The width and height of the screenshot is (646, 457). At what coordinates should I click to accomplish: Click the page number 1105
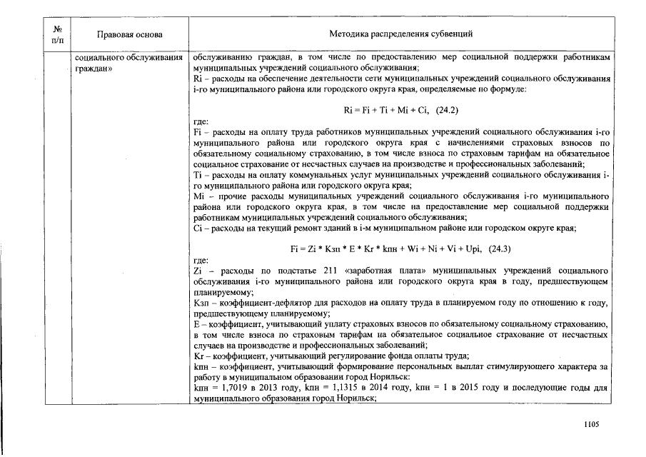[590, 423]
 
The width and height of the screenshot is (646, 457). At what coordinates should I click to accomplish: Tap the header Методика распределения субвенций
[400, 34]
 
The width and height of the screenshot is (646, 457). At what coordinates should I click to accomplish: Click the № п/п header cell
[58, 34]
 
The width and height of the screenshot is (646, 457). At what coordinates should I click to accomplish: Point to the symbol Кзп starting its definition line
[201, 303]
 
